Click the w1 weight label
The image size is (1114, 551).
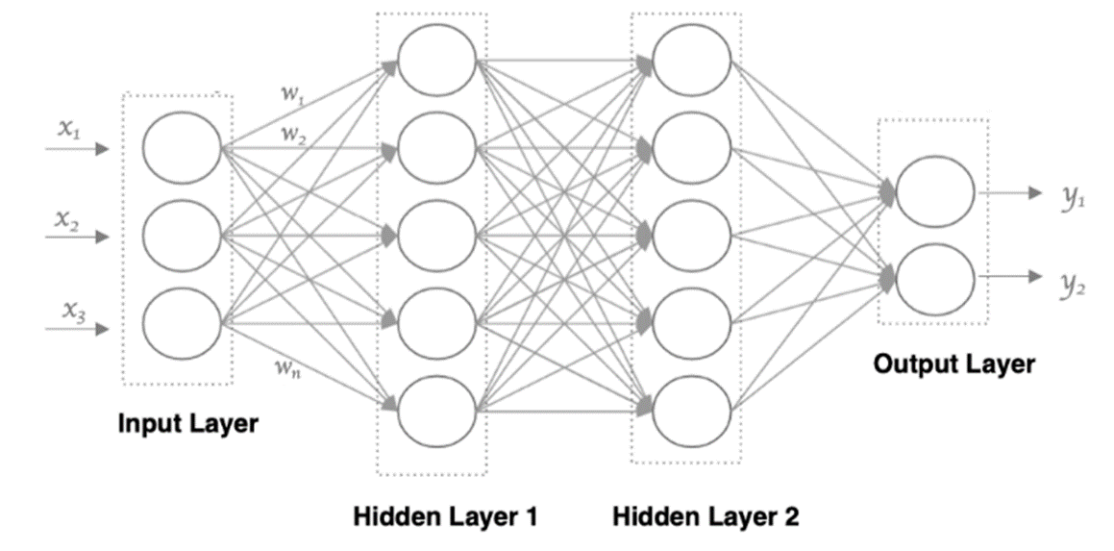coord(291,93)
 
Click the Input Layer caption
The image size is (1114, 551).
coord(188,423)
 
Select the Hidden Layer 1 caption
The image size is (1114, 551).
coord(444,516)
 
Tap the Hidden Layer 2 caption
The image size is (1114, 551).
coord(705,516)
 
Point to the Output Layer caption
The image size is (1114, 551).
coord(953,363)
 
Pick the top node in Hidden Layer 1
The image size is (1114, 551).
coord(437,58)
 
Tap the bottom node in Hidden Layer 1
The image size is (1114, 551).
coord(437,408)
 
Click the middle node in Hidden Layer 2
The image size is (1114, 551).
coord(691,234)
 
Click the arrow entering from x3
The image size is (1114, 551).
coord(77,329)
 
